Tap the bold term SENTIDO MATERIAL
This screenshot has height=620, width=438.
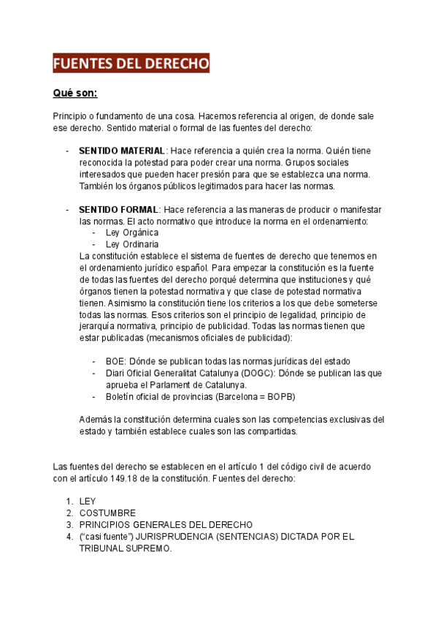coord(122,151)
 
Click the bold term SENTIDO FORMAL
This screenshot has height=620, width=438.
coord(118,209)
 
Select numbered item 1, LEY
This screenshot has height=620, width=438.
coord(88,501)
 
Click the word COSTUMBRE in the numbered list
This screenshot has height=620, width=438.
coord(107,513)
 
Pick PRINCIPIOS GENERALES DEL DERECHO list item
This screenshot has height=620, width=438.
coord(166,524)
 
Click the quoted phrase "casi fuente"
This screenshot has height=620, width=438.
coord(107,536)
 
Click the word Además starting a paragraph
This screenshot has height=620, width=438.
coord(96,420)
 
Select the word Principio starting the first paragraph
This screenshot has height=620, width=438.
coord(71,116)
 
